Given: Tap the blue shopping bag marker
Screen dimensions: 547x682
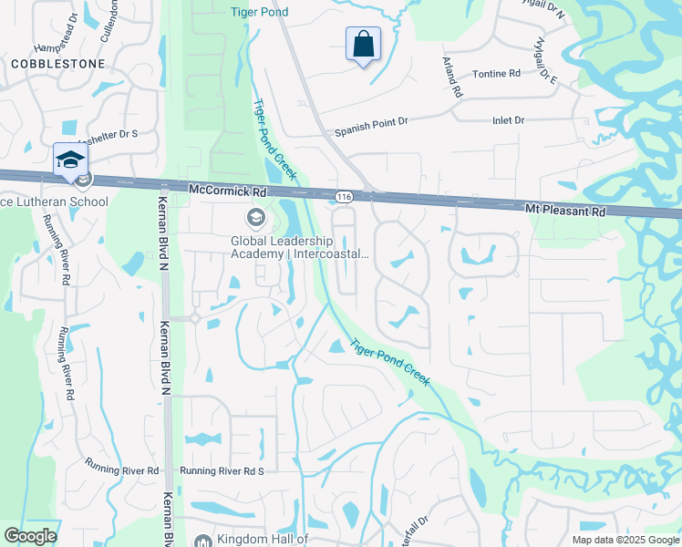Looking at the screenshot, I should pos(363,44).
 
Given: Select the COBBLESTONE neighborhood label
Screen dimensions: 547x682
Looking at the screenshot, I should pos(58,64).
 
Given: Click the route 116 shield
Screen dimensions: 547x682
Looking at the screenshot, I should pos(343,196).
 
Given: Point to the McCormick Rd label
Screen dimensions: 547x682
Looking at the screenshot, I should pos(227,191).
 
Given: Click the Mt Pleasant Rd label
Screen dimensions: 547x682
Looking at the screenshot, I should pos(565,210).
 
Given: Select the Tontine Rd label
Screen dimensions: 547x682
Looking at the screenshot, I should pos(496,73).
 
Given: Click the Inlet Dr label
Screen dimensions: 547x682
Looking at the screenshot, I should pos(508,120).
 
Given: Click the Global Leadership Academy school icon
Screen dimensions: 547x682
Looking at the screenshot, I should pos(254,218).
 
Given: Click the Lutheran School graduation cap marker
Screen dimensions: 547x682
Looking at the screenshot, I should pos(70,160).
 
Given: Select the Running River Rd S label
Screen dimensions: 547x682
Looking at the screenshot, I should pos(222,470).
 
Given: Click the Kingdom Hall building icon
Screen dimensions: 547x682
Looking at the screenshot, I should pos(202,540).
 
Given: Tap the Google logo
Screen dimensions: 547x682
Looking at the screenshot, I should pos(30,536).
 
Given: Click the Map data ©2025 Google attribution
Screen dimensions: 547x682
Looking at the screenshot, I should pos(625,540).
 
